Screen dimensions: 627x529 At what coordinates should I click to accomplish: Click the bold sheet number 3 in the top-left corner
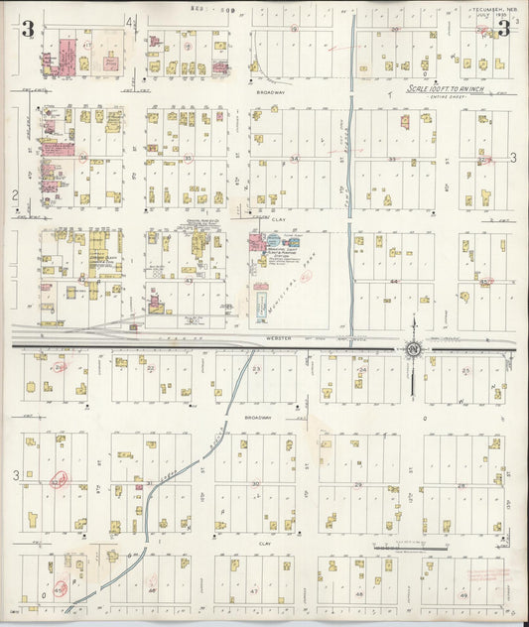(x=28, y=29)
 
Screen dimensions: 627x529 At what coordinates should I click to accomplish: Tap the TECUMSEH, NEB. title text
(x=485, y=8)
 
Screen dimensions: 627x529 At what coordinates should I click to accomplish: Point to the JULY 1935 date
(x=485, y=16)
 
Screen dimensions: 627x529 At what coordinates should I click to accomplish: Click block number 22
(x=151, y=368)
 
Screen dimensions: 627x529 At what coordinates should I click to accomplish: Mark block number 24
(x=362, y=370)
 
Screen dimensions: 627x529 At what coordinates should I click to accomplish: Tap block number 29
(x=358, y=483)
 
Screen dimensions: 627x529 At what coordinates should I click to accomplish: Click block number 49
(x=463, y=595)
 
